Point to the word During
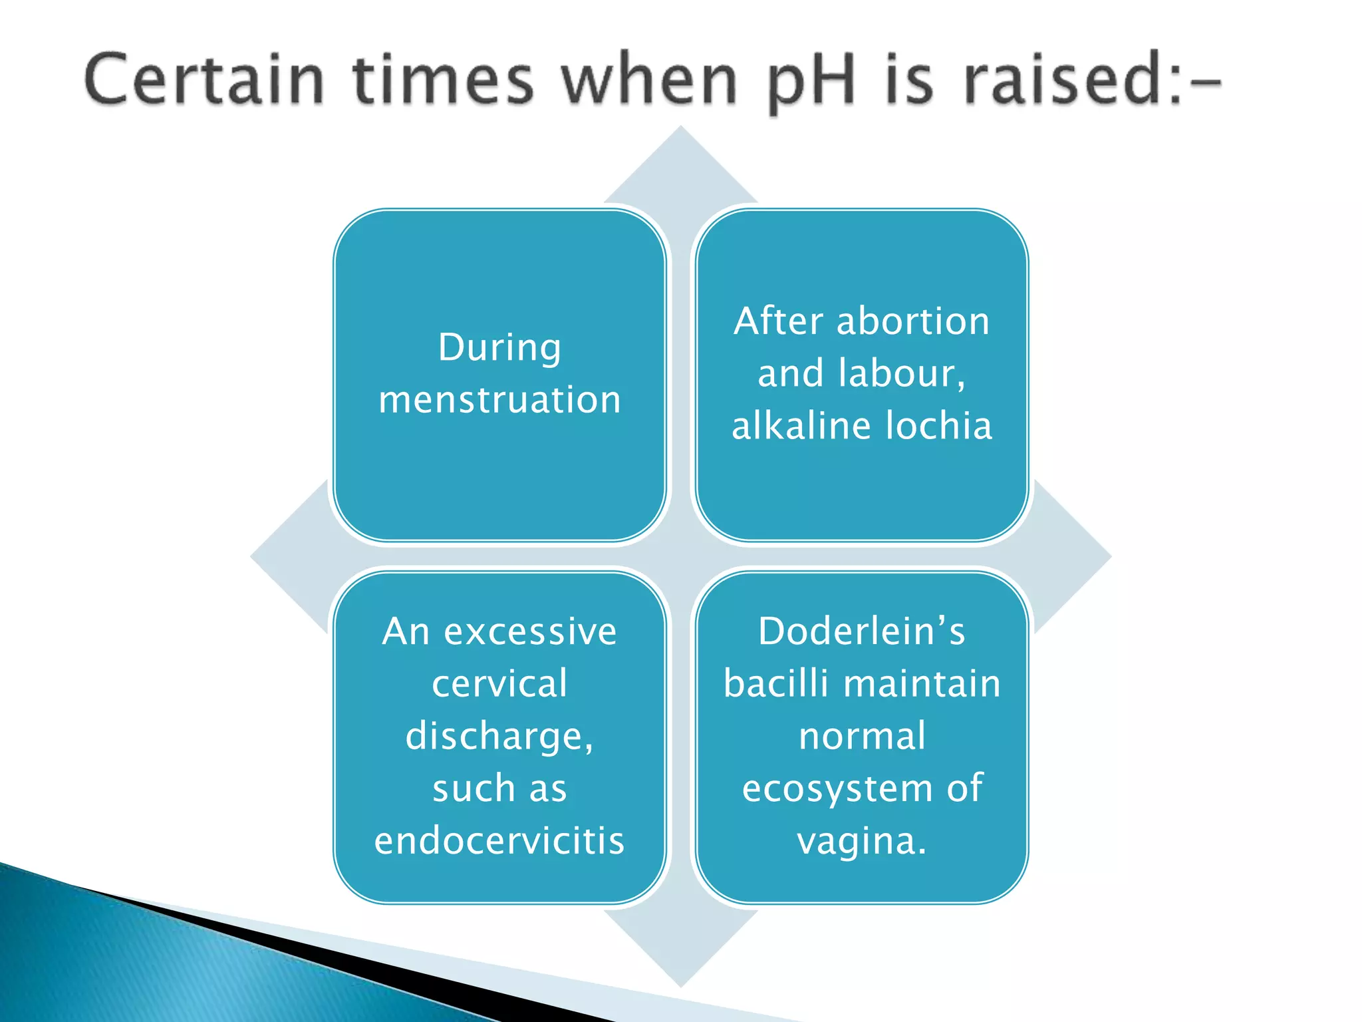tap(499, 347)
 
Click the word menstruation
tap(499, 400)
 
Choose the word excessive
tap(530, 631)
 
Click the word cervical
tap(499, 683)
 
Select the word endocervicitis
tap(499, 841)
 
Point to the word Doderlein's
tap(861, 631)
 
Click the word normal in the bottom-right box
tap(862, 736)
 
